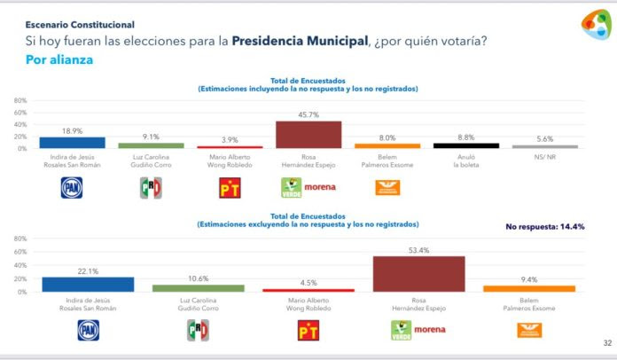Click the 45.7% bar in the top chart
(x=309, y=135)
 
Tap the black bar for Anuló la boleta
(x=465, y=145)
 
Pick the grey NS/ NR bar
(x=545, y=146)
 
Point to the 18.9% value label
(x=73, y=130)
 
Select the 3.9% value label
(x=230, y=140)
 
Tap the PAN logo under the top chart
(x=71, y=187)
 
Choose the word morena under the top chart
(x=321, y=188)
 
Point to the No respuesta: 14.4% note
(x=545, y=227)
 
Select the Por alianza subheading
(x=59, y=60)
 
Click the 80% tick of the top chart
(x=20, y=100)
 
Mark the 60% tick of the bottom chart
(x=20, y=252)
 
